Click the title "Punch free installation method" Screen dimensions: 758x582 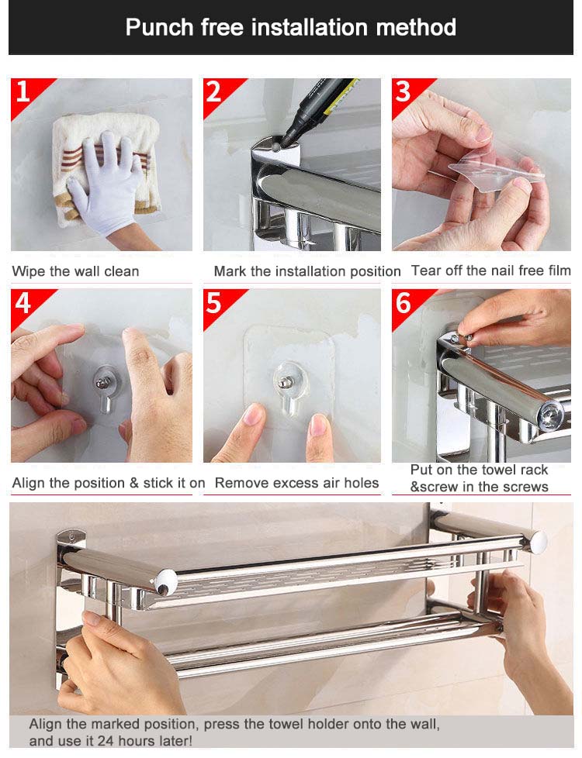point(290,28)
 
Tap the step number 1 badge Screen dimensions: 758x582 point(23,92)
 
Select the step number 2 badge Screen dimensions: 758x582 point(214,92)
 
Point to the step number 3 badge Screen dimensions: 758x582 point(403,92)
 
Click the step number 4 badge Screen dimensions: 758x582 point(23,303)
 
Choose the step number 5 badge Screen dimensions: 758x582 point(214,303)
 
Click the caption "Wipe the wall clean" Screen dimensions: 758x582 point(76,271)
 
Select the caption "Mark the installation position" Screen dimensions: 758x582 point(307,271)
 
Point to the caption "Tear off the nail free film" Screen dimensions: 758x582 point(490,270)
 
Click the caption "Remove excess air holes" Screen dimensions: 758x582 point(296,483)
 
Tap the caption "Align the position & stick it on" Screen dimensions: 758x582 point(109,483)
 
